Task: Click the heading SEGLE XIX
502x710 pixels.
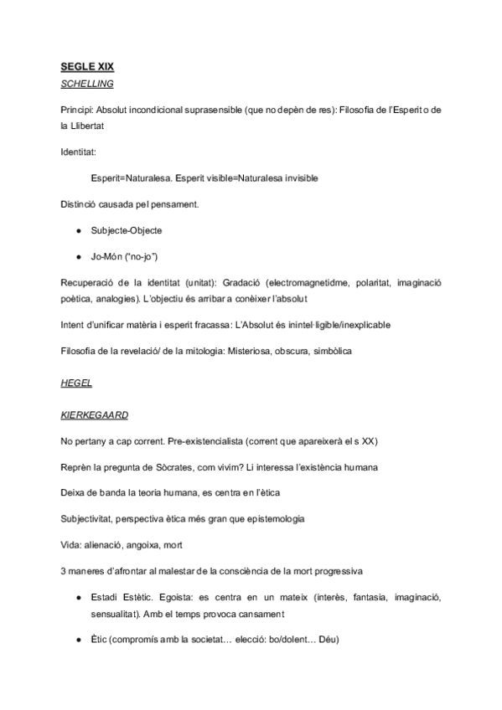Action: tap(86, 70)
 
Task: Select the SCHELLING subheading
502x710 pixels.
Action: tap(87, 85)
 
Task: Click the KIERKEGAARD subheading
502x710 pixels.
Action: tap(95, 414)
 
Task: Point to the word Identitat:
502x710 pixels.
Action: tap(78, 153)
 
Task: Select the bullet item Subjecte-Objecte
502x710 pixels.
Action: tap(127, 229)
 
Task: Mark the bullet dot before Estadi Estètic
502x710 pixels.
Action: tap(77, 600)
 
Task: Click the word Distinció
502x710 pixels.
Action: tap(80, 203)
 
